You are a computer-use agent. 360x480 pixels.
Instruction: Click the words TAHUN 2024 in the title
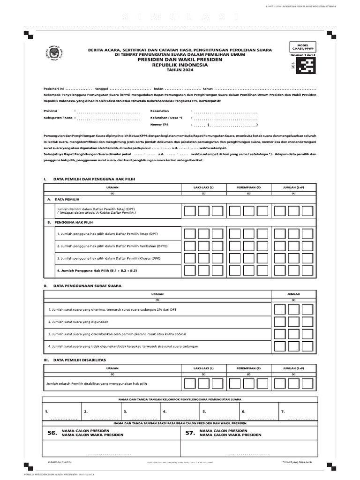182,70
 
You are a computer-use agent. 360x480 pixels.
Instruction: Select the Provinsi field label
50,111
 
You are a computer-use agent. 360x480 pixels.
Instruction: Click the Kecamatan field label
160,111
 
